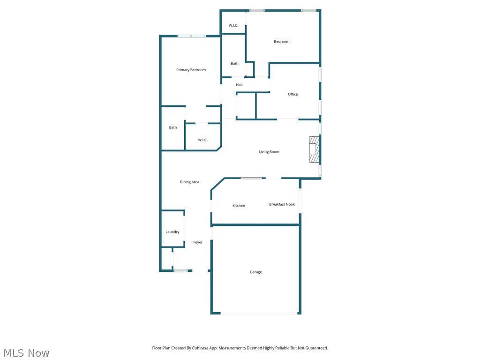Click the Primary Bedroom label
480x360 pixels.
(x=191, y=70)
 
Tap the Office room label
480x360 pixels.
(x=292, y=94)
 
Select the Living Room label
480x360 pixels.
(x=269, y=152)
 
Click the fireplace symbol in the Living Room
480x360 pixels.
(x=314, y=149)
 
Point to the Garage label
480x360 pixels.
(x=255, y=272)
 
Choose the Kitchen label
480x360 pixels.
(x=239, y=206)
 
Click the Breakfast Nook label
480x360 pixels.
(x=282, y=204)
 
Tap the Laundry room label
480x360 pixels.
(x=172, y=232)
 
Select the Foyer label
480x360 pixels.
(x=198, y=242)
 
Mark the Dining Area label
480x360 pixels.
(x=189, y=182)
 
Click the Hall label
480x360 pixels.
(x=239, y=85)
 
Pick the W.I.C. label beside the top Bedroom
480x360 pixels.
(x=233, y=25)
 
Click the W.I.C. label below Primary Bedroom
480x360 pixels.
(x=202, y=140)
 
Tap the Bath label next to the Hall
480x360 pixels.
(x=234, y=64)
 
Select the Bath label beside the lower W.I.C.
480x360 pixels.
(x=173, y=127)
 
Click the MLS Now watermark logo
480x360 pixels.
(x=26, y=353)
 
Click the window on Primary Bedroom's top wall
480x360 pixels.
(x=191, y=36)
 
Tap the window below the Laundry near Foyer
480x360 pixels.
(x=180, y=270)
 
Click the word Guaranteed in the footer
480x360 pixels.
(x=316, y=348)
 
